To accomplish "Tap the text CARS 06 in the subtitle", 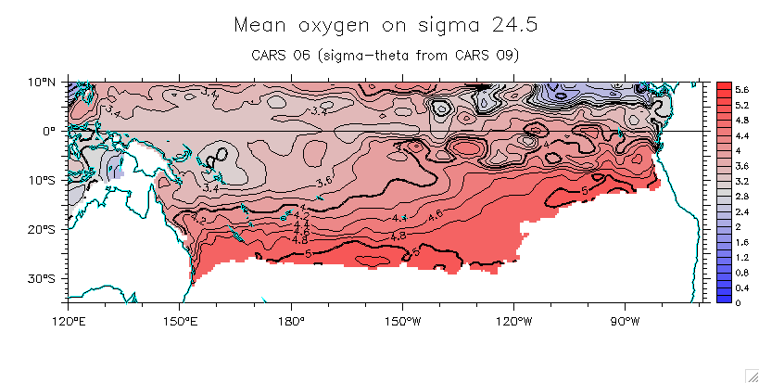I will click(281, 55).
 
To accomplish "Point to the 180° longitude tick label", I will click(291, 321).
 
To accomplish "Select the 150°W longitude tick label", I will click(402, 321).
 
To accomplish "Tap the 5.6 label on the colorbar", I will click(742, 88).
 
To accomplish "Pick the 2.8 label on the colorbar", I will click(742, 195).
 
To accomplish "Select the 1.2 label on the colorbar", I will click(742, 257).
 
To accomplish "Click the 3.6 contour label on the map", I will click(324, 181).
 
